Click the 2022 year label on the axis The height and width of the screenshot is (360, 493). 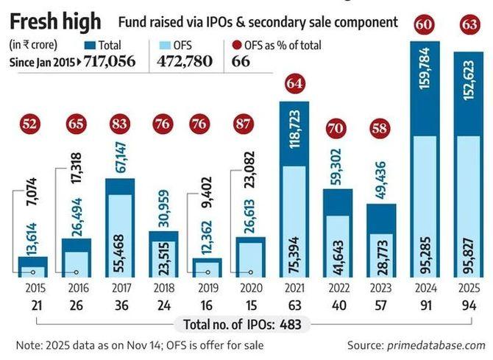point(337,286)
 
